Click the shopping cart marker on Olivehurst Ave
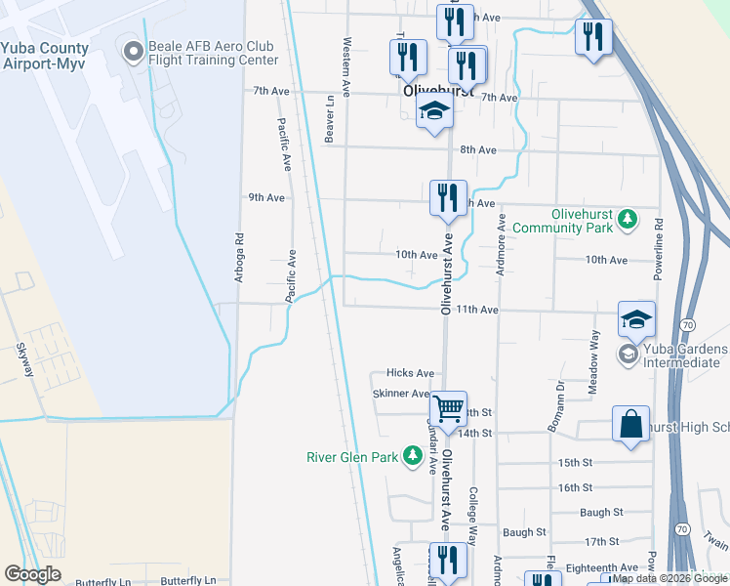tap(448, 408)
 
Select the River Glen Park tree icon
tap(413, 455)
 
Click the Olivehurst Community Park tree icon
tap(630, 217)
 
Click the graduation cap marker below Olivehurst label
tap(433, 111)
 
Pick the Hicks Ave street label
tap(410, 373)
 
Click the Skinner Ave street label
tap(401, 394)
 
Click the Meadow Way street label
tap(594, 361)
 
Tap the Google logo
tap(32, 574)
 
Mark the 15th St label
tap(576, 462)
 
